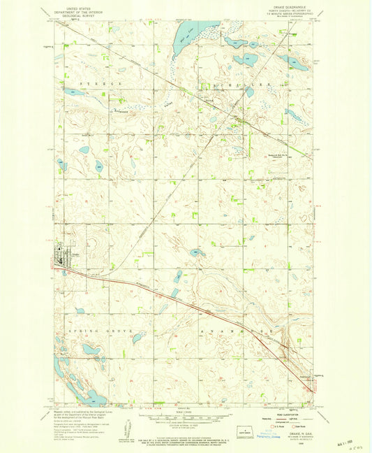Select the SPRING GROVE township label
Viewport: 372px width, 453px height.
pos(91,328)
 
